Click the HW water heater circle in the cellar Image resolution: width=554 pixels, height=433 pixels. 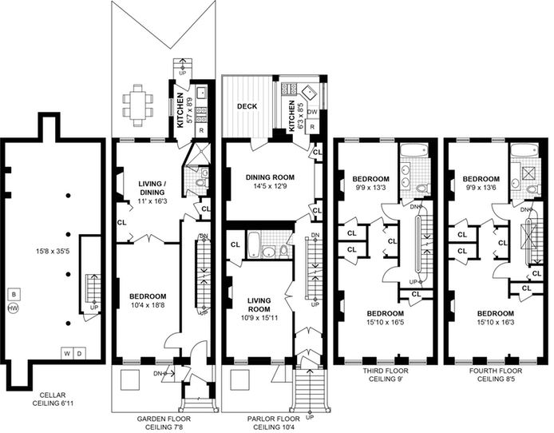(13, 308)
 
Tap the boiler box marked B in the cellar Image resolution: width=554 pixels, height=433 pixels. (14, 294)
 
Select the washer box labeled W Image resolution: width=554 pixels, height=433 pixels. (67, 353)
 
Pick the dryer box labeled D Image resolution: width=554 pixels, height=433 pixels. (80, 353)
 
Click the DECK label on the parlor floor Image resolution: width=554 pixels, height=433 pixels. (247, 106)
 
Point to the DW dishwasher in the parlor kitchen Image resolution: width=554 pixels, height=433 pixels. (312, 112)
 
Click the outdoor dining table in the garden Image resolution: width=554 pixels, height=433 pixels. (138, 105)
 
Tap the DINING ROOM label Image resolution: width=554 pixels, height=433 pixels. (270, 177)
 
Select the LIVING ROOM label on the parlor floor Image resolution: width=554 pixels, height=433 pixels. (259, 304)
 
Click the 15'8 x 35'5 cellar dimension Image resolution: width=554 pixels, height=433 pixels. (53, 252)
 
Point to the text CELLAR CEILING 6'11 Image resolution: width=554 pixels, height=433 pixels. (53, 399)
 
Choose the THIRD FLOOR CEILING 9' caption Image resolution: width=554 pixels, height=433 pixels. (386, 375)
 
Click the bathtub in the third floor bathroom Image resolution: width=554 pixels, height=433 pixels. (414, 150)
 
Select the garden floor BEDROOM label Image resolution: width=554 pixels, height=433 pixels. (148, 296)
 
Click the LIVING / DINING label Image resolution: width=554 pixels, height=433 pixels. (152, 188)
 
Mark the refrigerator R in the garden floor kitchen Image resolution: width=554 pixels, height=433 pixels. (201, 130)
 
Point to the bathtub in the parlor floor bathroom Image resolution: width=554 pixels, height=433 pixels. (253, 244)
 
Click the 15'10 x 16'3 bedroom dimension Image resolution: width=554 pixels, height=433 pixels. (496, 322)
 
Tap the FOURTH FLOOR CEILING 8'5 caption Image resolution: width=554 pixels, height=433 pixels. (496, 375)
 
